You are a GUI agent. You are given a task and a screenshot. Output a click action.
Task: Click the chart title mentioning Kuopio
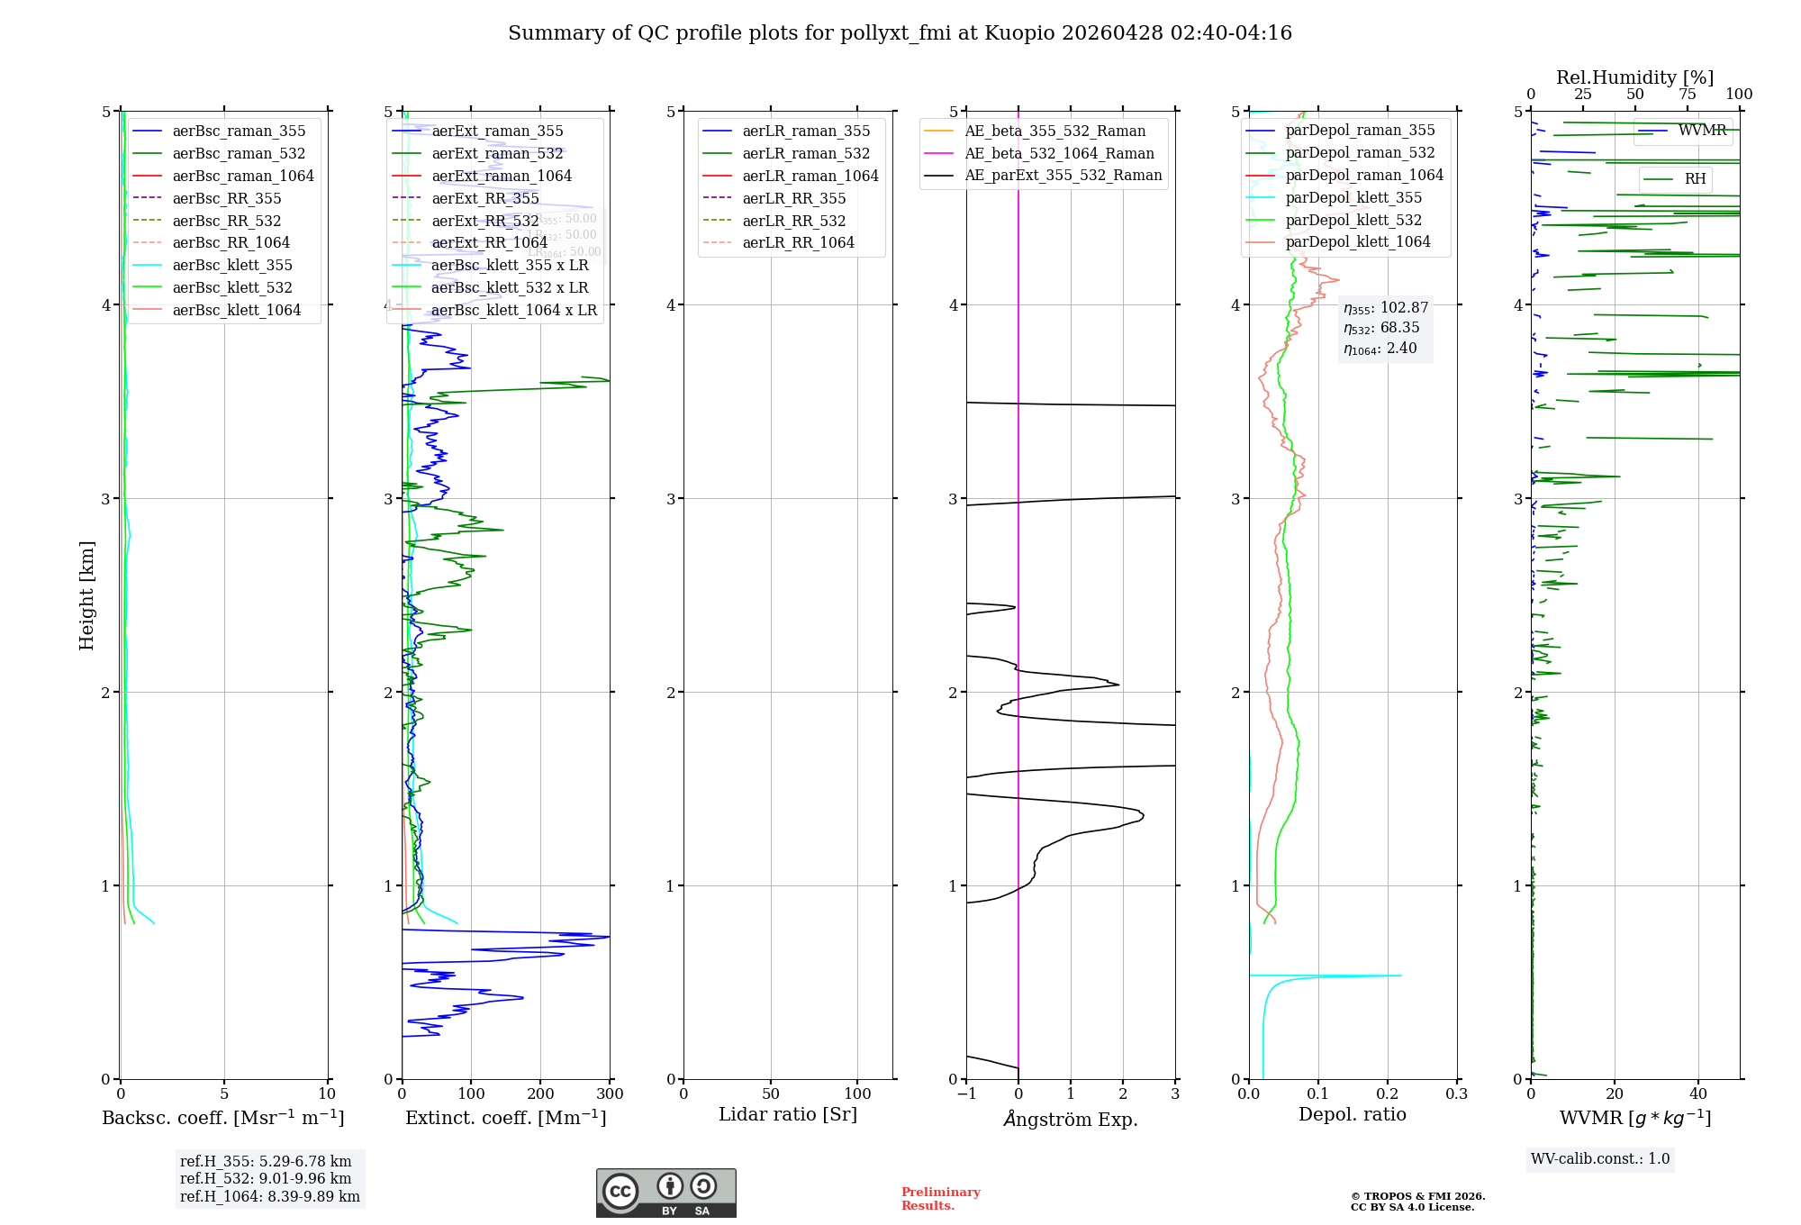(x=900, y=33)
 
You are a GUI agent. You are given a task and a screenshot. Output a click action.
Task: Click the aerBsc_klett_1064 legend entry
(x=236, y=310)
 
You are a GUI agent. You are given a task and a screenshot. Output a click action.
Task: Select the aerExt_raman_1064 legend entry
(x=501, y=176)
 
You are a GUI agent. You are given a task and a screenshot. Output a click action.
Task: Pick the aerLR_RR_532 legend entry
(x=793, y=221)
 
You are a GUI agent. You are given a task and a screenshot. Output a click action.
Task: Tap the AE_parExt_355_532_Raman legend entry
(x=1063, y=175)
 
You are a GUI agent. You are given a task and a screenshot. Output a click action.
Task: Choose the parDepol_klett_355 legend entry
(x=1353, y=197)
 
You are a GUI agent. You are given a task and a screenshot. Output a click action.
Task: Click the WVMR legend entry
(x=1702, y=131)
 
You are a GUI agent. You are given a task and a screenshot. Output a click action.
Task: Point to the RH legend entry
(x=1695, y=179)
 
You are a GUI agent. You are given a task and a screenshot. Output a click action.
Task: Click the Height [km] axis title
(x=86, y=594)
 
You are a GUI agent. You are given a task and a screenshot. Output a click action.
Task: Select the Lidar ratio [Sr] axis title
(x=788, y=1114)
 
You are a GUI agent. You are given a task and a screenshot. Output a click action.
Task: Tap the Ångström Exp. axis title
(x=1071, y=1119)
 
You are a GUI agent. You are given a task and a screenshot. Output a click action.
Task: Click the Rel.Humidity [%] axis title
(x=1634, y=77)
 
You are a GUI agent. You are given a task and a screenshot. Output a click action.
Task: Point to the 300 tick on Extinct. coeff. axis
(x=610, y=1093)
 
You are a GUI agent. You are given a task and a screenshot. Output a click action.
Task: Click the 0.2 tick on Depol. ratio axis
(x=1388, y=1093)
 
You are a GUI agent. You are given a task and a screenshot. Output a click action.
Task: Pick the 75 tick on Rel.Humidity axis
(x=1687, y=94)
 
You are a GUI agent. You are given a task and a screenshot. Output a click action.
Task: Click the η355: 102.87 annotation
(x=1386, y=308)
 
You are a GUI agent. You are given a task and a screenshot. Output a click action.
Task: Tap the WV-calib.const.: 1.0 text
(x=1600, y=1158)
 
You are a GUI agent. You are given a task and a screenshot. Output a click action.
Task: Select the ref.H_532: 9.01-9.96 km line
(x=266, y=1178)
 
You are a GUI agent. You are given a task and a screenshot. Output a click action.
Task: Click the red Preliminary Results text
(x=940, y=1198)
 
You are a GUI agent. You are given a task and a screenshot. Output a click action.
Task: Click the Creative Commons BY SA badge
(x=665, y=1193)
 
